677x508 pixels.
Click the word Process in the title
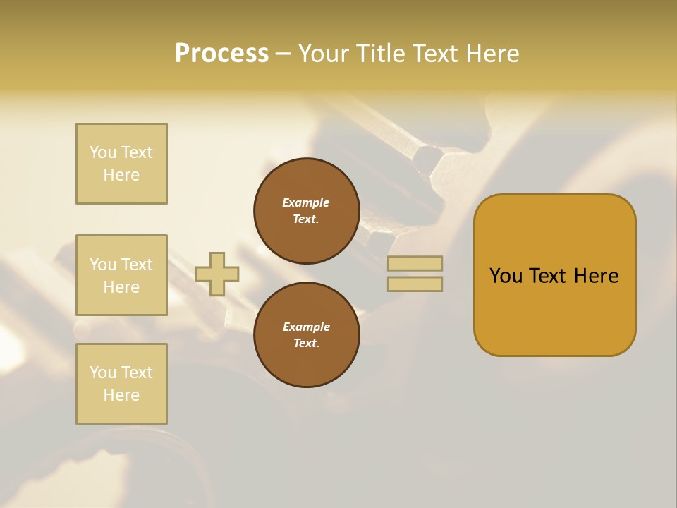pos(221,54)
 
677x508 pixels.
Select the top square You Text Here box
pos(121,164)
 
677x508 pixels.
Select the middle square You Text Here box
pos(121,275)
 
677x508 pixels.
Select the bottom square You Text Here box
pos(121,384)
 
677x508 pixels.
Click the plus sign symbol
pos(217,274)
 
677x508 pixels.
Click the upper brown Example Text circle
pos(307,211)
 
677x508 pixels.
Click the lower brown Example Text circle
pos(307,335)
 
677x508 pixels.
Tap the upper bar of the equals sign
pos(415,263)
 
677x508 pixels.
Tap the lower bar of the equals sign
pos(415,284)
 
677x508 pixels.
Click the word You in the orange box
pos(506,276)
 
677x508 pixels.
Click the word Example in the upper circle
pos(306,202)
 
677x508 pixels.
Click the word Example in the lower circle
pos(306,327)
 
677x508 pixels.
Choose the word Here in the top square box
pos(121,175)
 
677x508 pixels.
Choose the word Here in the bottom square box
pos(121,395)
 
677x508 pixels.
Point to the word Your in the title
pos(324,54)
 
